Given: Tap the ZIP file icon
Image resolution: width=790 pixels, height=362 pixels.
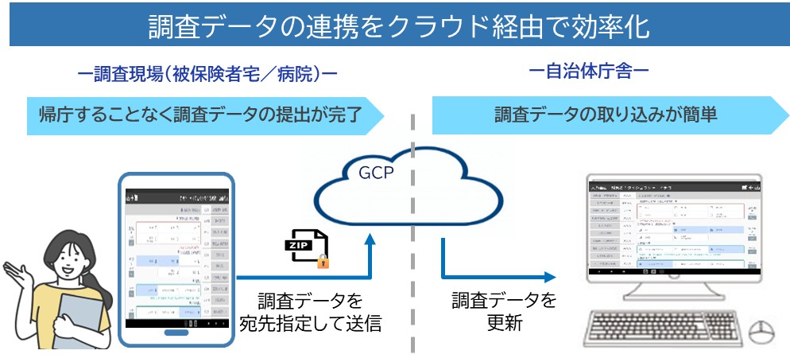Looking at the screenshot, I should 304,247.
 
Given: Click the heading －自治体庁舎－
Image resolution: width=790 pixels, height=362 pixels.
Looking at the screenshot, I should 589,72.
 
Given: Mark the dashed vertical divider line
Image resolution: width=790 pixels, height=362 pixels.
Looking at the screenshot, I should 412,239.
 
